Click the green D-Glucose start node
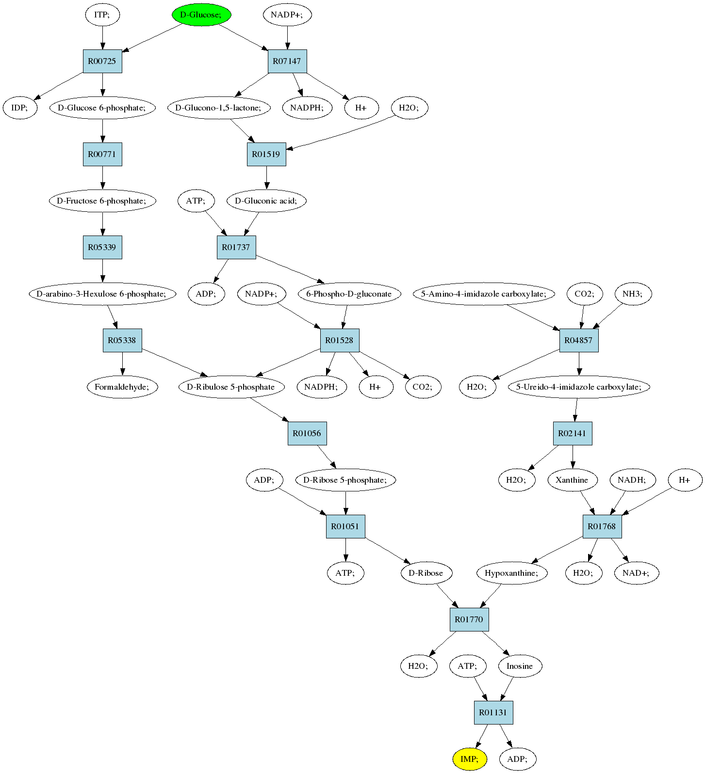pyautogui.click(x=201, y=15)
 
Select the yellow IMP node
pyautogui.click(x=469, y=759)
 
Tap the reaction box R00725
pyautogui.click(x=102, y=62)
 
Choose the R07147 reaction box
pyautogui.click(x=287, y=62)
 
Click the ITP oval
pyautogui.click(x=102, y=15)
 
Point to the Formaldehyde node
pyautogui.click(x=123, y=387)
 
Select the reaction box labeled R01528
pyautogui.click(x=340, y=340)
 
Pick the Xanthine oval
pyautogui.click(x=572, y=480)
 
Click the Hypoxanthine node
pyautogui.click(x=512, y=573)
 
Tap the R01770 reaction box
pyautogui.click(x=469, y=619)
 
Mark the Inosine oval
pyautogui.click(x=520, y=666)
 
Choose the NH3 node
pyautogui.click(x=633, y=294)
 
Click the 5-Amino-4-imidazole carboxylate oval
pyautogui.click(x=484, y=294)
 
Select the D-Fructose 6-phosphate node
pyautogui.click(x=102, y=201)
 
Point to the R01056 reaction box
pyautogui.click(x=307, y=433)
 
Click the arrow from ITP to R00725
pyautogui.click(x=102, y=38)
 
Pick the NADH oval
pyautogui.click(x=632, y=480)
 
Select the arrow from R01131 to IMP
pyautogui.click(x=481, y=737)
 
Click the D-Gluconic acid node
pyautogui.click(x=266, y=201)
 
